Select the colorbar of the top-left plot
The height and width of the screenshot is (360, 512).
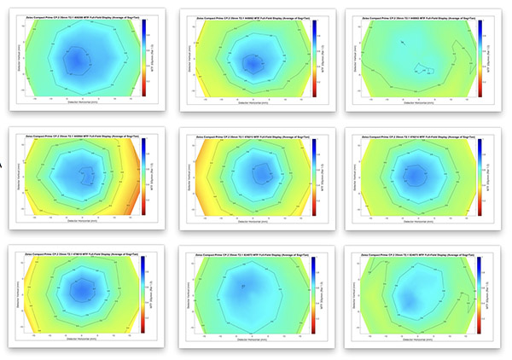145,56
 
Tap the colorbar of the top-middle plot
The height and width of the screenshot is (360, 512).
315,56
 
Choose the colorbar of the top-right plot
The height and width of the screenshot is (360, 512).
480,56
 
